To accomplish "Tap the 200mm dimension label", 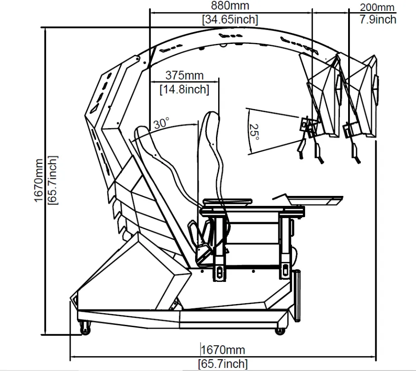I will [377, 7].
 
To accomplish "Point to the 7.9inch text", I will [378, 19].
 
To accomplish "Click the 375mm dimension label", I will [184, 75].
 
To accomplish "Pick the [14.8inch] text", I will [184, 89].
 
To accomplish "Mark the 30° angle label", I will [161, 123].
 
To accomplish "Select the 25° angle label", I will [254, 132].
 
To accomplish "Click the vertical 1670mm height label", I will [39, 180].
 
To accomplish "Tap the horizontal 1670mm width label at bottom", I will [222, 350].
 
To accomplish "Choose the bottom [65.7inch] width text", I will [222, 363].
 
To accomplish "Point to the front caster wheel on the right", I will [281, 330].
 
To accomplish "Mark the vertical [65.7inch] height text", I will [53, 180].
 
